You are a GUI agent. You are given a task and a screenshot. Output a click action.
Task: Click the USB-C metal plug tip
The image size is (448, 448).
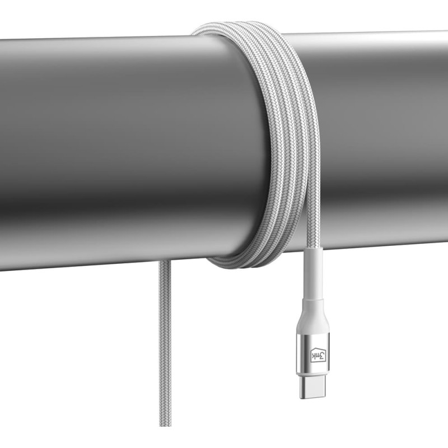(x=312, y=387)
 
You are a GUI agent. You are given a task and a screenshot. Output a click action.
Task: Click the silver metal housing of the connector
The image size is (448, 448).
(x=312, y=352)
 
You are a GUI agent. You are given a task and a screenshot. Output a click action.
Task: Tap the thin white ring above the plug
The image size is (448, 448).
(x=312, y=374)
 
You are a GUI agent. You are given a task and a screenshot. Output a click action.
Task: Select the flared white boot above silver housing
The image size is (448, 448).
(x=313, y=316)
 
